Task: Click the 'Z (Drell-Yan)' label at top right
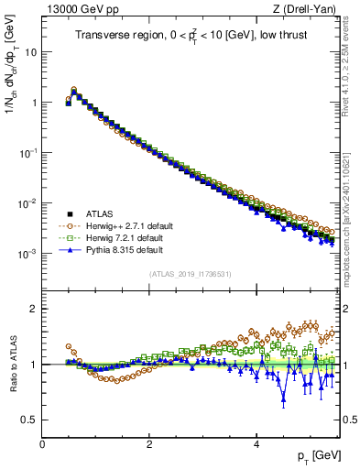coord(309,9)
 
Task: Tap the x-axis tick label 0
coord(42,443)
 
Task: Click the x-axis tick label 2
coord(149,443)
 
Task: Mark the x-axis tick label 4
coord(256,443)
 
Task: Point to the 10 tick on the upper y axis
coord(30,52)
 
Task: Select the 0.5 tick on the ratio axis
coord(28,420)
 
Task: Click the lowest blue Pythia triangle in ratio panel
coord(283,398)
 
